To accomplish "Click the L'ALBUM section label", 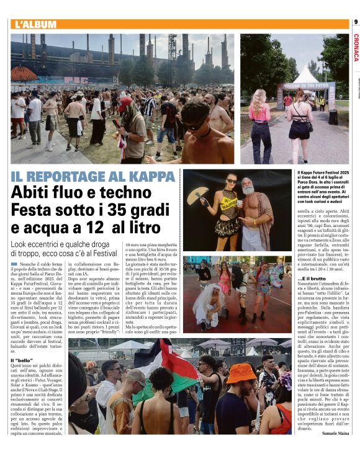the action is click(x=35, y=25).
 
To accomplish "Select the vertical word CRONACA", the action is click(x=356, y=48).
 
